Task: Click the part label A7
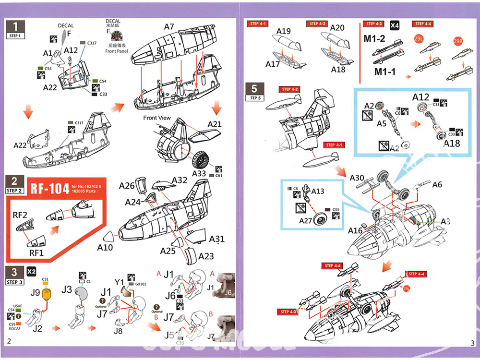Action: (x=169, y=27)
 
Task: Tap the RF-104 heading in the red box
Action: (x=50, y=188)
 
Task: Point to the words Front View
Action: (x=157, y=118)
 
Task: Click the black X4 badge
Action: (x=395, y=24)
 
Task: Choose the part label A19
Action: (x=284, y=32)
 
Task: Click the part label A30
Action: (x=357, y=178)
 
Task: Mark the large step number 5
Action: (x=254, y=88)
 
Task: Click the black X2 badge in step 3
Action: (x=31, y=271)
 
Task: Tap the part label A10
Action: (x=105, y=248)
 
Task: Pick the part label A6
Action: (x=437, y=185)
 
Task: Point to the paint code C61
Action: (x=219, y=176)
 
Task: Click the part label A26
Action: (x=127, y=186)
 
